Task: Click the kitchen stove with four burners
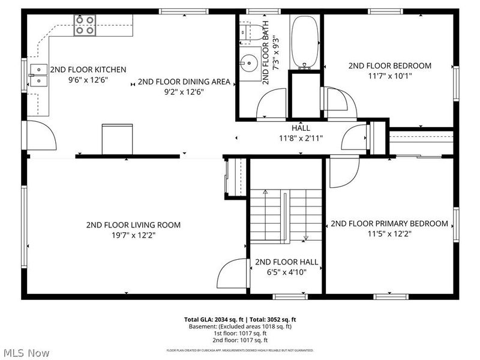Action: click(85, 25)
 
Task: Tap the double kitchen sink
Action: click(38, 74)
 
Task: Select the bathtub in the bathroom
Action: click(306, 43)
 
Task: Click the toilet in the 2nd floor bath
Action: click(249, 31)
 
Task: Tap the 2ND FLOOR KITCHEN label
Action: click(88, 70)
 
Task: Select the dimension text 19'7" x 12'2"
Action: click(133, 235)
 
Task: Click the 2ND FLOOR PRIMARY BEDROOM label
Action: click(389, 224)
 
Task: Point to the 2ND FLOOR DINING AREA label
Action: click(184, 82)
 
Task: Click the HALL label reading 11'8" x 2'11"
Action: click(301, 138)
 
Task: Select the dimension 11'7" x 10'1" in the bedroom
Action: click(389, 76)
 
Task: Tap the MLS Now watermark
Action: click(28, 352)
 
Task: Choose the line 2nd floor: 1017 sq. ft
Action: click(239, 340)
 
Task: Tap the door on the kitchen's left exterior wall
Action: click(41, 134)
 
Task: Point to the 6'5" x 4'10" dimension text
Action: click(286, 272)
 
